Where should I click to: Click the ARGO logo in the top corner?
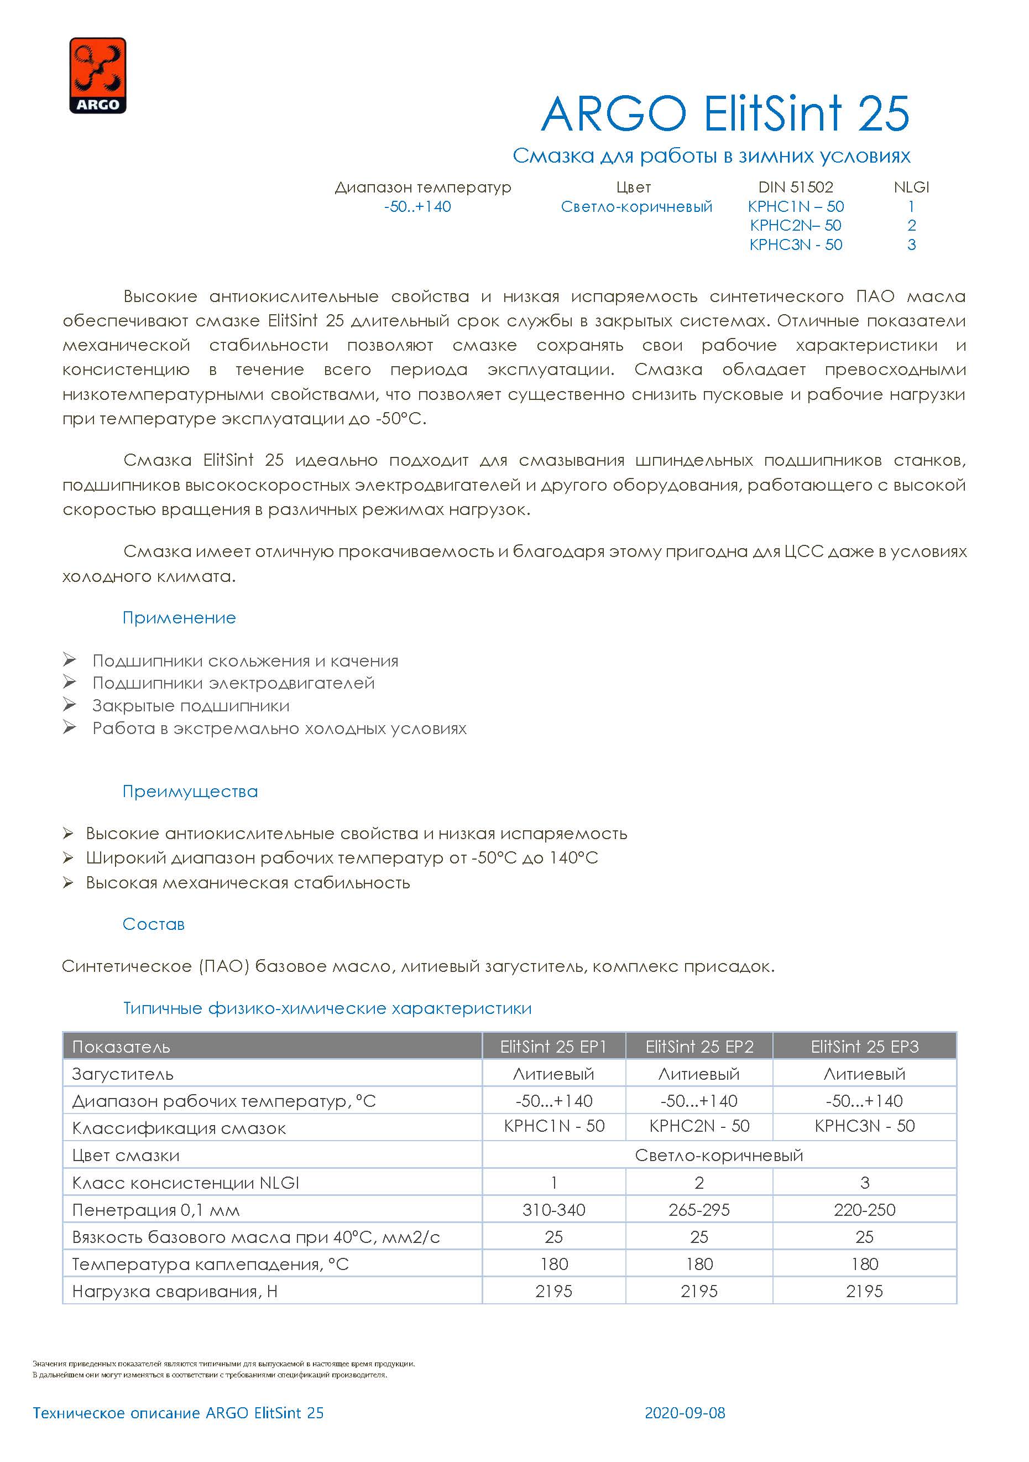coord(97,76)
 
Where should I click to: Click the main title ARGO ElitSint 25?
coord(725,114)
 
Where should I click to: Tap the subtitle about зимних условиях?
coord(711,156)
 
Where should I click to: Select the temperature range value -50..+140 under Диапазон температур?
coord(417,206)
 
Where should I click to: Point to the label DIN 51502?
coord(796,187)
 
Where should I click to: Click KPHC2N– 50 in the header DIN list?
coord(796,226)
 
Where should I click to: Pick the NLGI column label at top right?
coord(911,187)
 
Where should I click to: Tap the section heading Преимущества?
coord(190,792)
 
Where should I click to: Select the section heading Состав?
coord(153,924)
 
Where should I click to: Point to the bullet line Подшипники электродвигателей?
coord(233,683)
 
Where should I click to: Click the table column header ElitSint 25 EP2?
coord(699,1047)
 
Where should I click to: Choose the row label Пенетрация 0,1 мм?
coord(156,1210)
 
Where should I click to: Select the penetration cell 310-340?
coord(553,1210)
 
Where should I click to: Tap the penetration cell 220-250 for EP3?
coord(864,1210)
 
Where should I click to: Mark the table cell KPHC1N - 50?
coord(553,1126)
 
